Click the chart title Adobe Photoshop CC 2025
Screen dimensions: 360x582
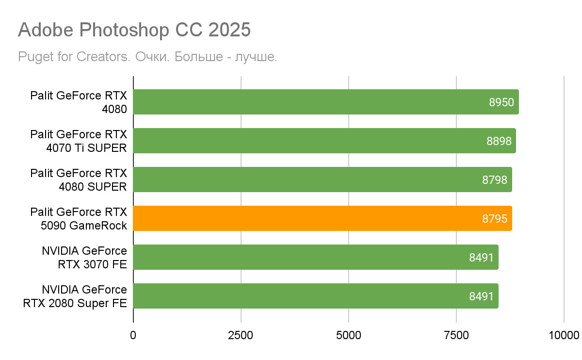134,30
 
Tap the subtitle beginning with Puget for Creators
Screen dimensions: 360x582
147,57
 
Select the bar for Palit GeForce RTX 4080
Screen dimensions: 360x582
310,102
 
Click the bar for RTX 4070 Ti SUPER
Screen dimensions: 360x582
310,141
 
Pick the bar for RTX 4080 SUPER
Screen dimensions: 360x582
310,180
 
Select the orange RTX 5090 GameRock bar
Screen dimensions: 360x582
310,218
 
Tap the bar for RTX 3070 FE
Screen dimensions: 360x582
310,257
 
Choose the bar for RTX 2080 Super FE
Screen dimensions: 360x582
310,296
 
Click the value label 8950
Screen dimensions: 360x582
501,102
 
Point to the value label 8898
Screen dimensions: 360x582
499,141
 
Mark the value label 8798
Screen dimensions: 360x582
495,180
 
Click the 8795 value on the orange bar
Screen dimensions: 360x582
495,219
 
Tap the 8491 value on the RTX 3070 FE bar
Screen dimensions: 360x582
481,258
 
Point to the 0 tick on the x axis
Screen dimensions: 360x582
133,335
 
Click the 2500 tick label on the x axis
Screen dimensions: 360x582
241,335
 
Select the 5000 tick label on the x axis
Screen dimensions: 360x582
349,335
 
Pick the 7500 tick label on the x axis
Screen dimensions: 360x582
456,335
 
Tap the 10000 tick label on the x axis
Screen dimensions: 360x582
564,335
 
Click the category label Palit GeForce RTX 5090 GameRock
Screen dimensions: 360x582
79,218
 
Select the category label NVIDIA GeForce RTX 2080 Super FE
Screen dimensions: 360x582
75,296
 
